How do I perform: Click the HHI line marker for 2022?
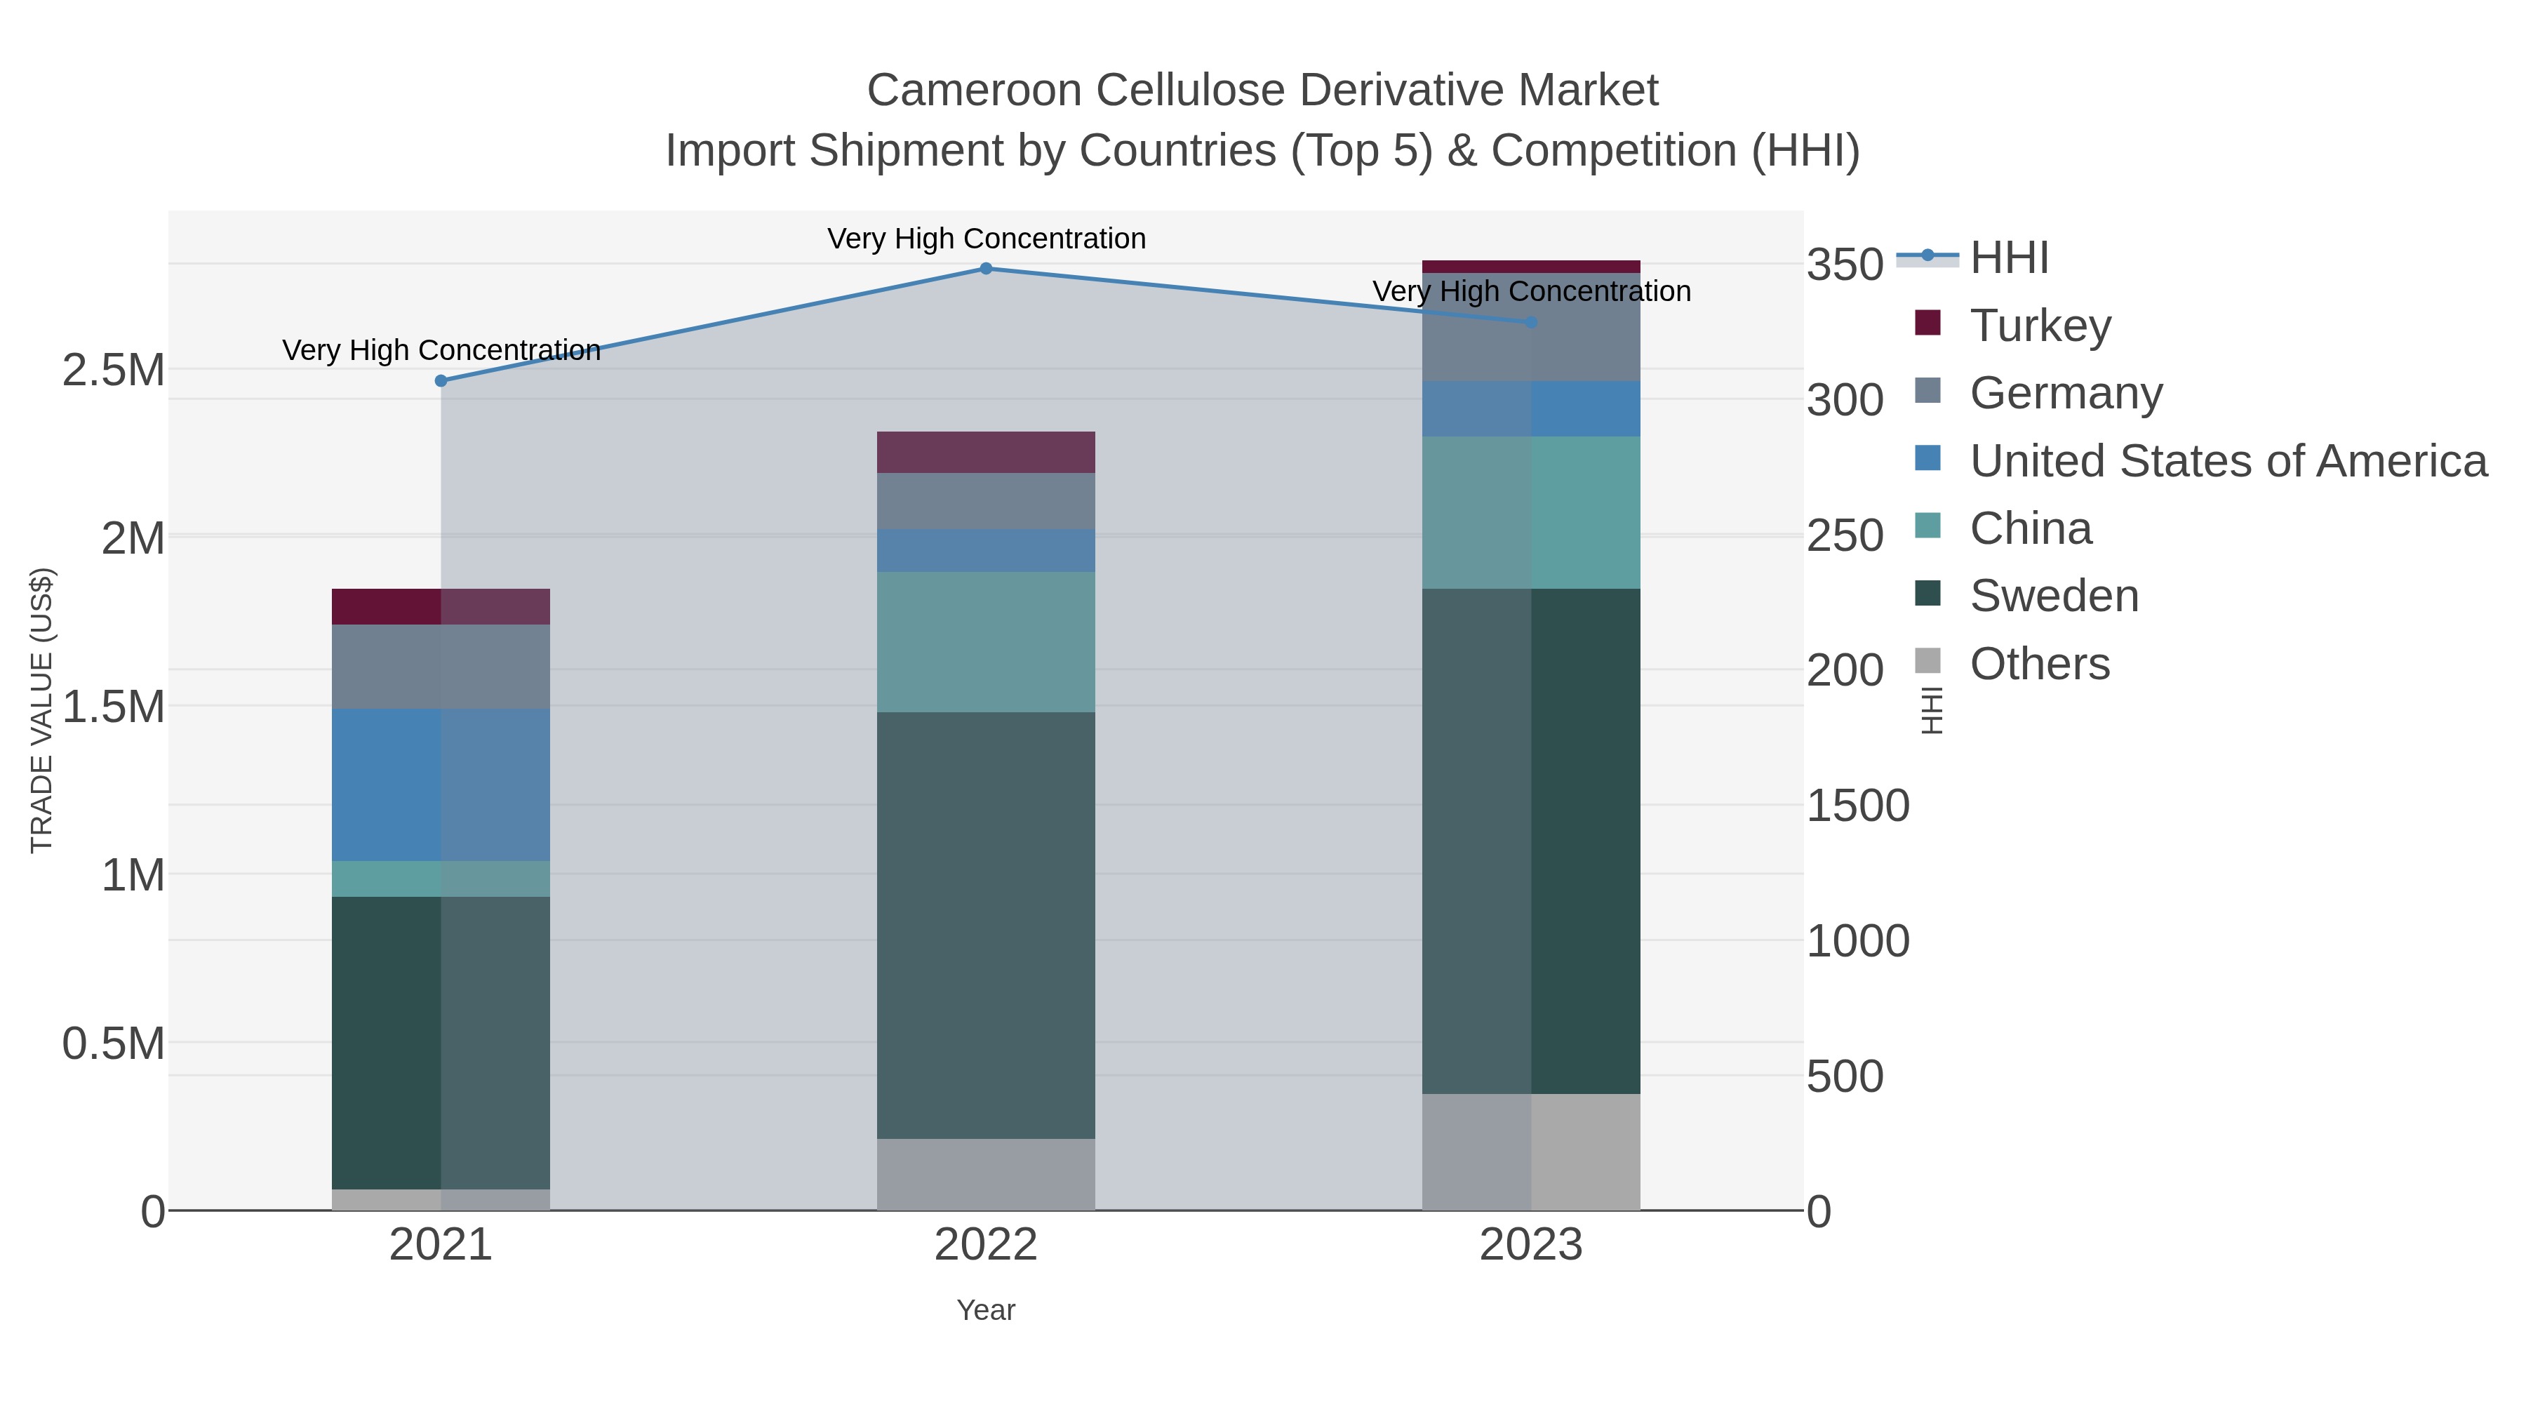pos(986,269)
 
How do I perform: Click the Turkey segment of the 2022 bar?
pos(986,452)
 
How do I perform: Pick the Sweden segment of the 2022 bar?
pos(986,925)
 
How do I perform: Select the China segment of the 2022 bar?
pos(986,641)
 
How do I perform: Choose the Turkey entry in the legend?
pos(2040,326)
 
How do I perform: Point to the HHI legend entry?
pos(2008,258)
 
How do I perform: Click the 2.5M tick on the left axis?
pos(113,371)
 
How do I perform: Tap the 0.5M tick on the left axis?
pos(113,1043)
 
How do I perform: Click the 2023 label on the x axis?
pos(1531,1246)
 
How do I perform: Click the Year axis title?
pos(986,1310)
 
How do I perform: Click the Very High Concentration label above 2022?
pos(986,239)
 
